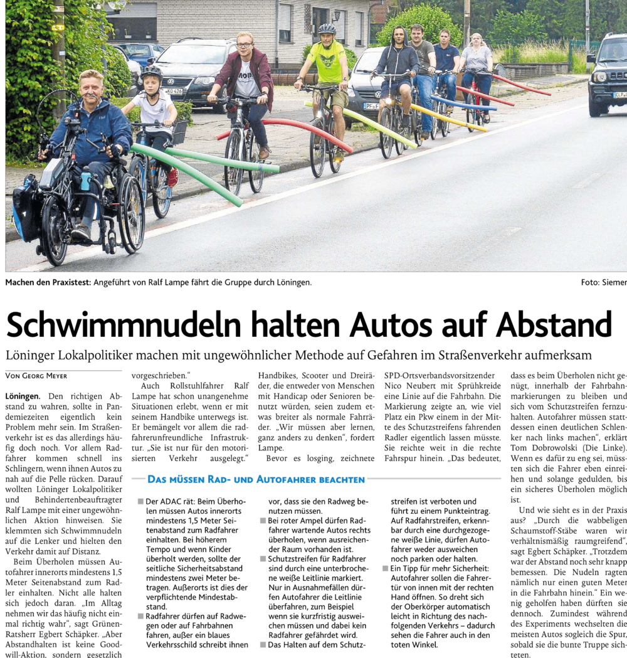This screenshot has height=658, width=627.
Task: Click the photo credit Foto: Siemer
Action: [x=603, y=282]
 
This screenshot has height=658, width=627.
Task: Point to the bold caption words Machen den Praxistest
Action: [x=48, y=282]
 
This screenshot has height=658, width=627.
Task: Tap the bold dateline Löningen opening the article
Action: [x=23, y=396]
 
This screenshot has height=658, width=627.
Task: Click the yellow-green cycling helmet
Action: [x=327, y=29]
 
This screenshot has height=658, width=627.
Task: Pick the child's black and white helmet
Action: [x=151, y=73]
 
